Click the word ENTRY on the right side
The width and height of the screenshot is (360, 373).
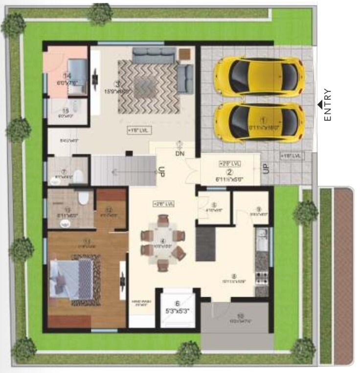328,105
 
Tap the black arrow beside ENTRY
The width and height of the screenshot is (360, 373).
319,104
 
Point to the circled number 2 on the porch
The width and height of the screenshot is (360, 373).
228,172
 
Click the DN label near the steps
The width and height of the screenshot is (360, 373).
180,153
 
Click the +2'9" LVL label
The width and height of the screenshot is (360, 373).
229,163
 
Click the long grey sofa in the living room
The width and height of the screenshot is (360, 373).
154,54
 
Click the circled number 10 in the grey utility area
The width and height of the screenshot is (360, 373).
240,315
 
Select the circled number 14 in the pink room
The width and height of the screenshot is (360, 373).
67,76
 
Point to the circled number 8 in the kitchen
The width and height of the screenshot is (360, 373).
234,276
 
